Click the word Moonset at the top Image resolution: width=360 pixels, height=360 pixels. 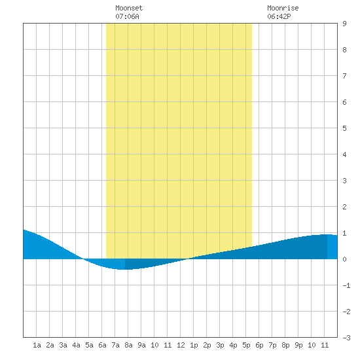129,8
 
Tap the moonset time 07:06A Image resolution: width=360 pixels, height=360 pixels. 127,16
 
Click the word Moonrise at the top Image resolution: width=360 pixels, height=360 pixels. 283,8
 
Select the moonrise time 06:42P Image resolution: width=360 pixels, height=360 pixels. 279,16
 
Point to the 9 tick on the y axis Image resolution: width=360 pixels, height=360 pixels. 344,24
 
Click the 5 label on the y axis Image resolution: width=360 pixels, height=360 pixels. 344,128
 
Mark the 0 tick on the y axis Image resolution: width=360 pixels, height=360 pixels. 344,259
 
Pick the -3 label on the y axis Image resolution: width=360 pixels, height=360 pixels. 346,338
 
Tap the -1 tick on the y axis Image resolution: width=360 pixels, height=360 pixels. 346,285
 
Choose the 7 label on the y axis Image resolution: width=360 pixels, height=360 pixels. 344,76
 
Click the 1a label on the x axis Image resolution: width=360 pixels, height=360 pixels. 37,345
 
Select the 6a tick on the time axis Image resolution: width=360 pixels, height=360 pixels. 102,345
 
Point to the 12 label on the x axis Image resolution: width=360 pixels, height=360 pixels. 181,345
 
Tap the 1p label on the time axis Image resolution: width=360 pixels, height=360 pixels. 194,345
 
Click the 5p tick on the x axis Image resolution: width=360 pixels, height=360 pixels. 246,345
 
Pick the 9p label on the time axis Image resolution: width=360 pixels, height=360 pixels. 298,345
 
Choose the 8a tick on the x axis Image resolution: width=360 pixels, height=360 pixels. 128,345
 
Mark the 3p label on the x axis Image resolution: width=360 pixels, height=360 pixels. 220,345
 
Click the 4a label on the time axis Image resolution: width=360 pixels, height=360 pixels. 76,345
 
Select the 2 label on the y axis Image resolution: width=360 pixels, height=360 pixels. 344,207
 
